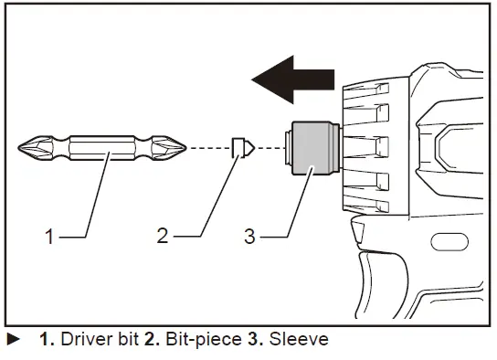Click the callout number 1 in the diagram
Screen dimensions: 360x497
51,236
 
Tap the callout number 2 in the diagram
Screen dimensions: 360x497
162,236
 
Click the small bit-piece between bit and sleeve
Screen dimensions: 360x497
239,147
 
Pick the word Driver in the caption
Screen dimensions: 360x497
78,340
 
